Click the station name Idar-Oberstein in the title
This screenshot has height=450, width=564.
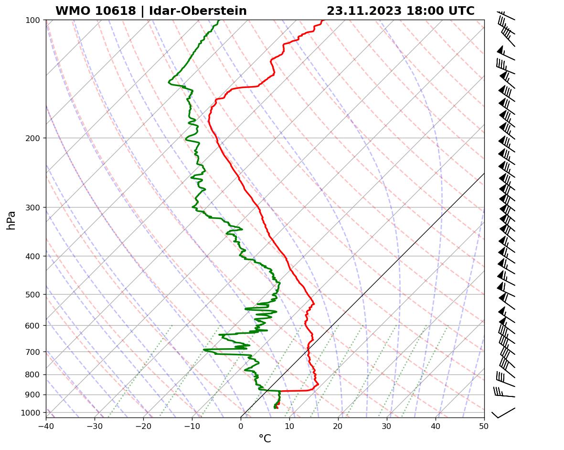[x=198, y=11]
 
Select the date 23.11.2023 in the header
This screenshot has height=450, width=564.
[x=364, y=11]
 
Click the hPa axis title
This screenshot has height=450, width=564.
[x=11, y=220]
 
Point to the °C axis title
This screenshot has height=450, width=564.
[x=265, y=439]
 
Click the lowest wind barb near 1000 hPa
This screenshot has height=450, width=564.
[x=503, y=412]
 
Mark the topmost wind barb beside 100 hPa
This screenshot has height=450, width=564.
[x=506, y=16]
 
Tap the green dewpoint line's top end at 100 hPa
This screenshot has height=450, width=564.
[x=218, y=21]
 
